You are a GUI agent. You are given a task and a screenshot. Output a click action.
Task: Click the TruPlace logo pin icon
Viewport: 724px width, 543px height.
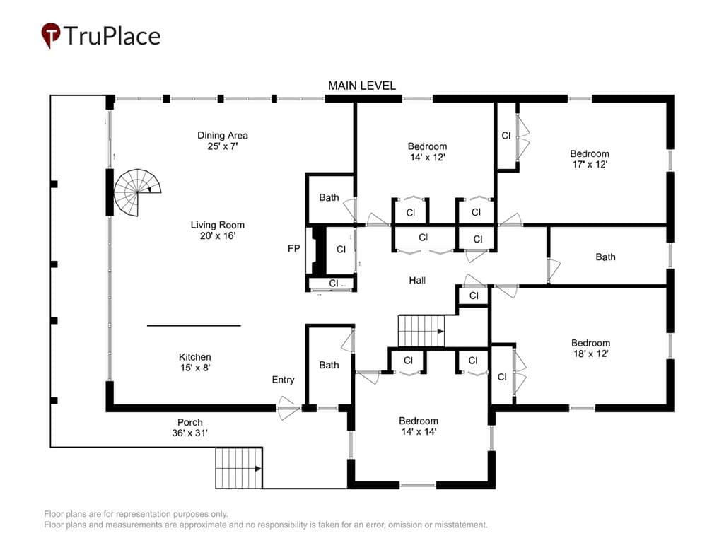point(51,35)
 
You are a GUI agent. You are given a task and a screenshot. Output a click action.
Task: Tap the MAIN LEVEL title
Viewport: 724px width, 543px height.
point(361,86)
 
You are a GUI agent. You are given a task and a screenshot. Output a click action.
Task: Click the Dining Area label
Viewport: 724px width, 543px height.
point(223,135)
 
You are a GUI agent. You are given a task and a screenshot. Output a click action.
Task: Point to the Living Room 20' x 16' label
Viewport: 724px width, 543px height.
point(218,230)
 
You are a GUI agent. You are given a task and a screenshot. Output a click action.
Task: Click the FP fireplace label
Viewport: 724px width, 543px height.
point(293,249)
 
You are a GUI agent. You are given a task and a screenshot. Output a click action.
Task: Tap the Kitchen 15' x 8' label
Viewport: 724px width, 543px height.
point(195,362)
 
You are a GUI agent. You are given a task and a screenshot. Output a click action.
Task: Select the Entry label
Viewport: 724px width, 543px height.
point(283,380)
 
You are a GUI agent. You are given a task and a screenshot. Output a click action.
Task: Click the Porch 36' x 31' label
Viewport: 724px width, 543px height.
point(189,427)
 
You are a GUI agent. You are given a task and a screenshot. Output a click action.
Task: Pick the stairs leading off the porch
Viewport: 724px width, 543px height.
point(239,468)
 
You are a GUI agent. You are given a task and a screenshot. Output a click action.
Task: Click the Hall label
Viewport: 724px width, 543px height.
point(417,280)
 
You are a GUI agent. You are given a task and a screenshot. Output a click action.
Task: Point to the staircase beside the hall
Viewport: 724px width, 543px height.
point(421,331)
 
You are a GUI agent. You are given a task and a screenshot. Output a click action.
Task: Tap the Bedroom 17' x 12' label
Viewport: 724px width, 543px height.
point(590,159)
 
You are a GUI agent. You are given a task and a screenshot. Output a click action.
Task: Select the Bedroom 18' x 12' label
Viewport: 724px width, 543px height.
point(590,348)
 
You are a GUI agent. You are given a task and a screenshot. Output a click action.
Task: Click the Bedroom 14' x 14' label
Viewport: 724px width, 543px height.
point(419,426)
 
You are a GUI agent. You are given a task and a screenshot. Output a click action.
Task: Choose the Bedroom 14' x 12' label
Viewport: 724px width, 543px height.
point(427,151)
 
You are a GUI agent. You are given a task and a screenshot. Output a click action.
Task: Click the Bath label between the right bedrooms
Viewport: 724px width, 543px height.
point(605,257)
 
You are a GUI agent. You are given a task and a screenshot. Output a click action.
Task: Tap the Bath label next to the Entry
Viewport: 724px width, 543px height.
point(329,366)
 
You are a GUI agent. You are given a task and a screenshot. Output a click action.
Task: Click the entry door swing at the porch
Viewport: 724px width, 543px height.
point(286,408)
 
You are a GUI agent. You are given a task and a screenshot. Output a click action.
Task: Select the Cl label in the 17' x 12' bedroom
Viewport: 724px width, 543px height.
point(506,135)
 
